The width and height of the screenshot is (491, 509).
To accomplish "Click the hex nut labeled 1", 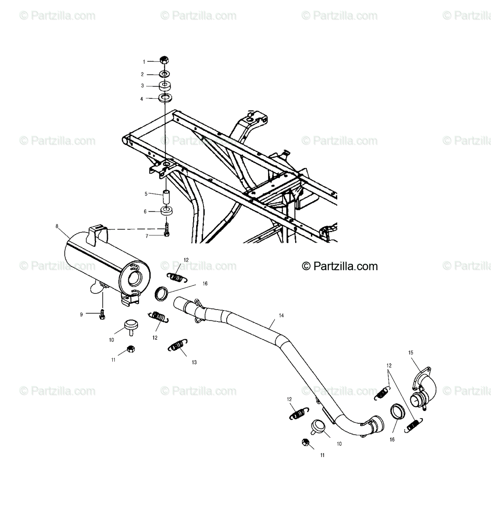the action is click(x=164, y=61).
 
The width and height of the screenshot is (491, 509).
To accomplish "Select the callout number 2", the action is click(x=143, y=74).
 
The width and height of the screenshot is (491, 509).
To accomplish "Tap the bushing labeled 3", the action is click(x=164, y=85).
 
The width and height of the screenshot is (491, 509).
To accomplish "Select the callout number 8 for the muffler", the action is click(x=57, y=227).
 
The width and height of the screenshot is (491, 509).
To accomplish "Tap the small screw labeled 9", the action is click(x=102, y=314).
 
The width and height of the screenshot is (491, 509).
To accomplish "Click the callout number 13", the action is click(x=194, y=362).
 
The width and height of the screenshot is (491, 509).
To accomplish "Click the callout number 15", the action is click(x=411, y=352).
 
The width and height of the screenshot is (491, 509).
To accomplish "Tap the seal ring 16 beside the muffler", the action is click(x=162, y=294).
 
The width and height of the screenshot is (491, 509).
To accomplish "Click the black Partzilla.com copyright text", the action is click(x=340, y=266).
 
